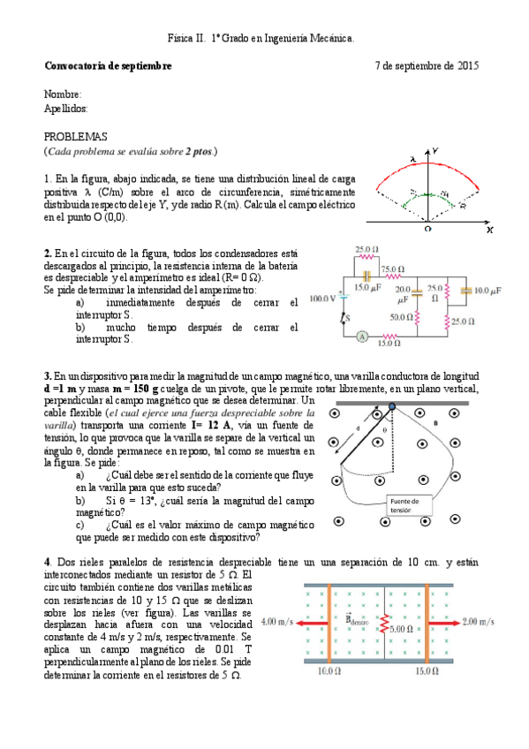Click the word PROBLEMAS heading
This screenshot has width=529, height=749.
pos(75,137)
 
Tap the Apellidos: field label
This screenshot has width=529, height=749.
pos(66,108)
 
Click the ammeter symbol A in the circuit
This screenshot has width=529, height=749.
pos(361,337)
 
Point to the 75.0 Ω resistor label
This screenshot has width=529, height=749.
pos(393,269)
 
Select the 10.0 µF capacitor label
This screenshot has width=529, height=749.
pos(487,290)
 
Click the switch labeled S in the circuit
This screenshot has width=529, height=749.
pos(345,315)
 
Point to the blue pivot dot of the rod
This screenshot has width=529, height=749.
pos(392,407)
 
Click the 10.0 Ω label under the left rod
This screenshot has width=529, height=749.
pos(326,671)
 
